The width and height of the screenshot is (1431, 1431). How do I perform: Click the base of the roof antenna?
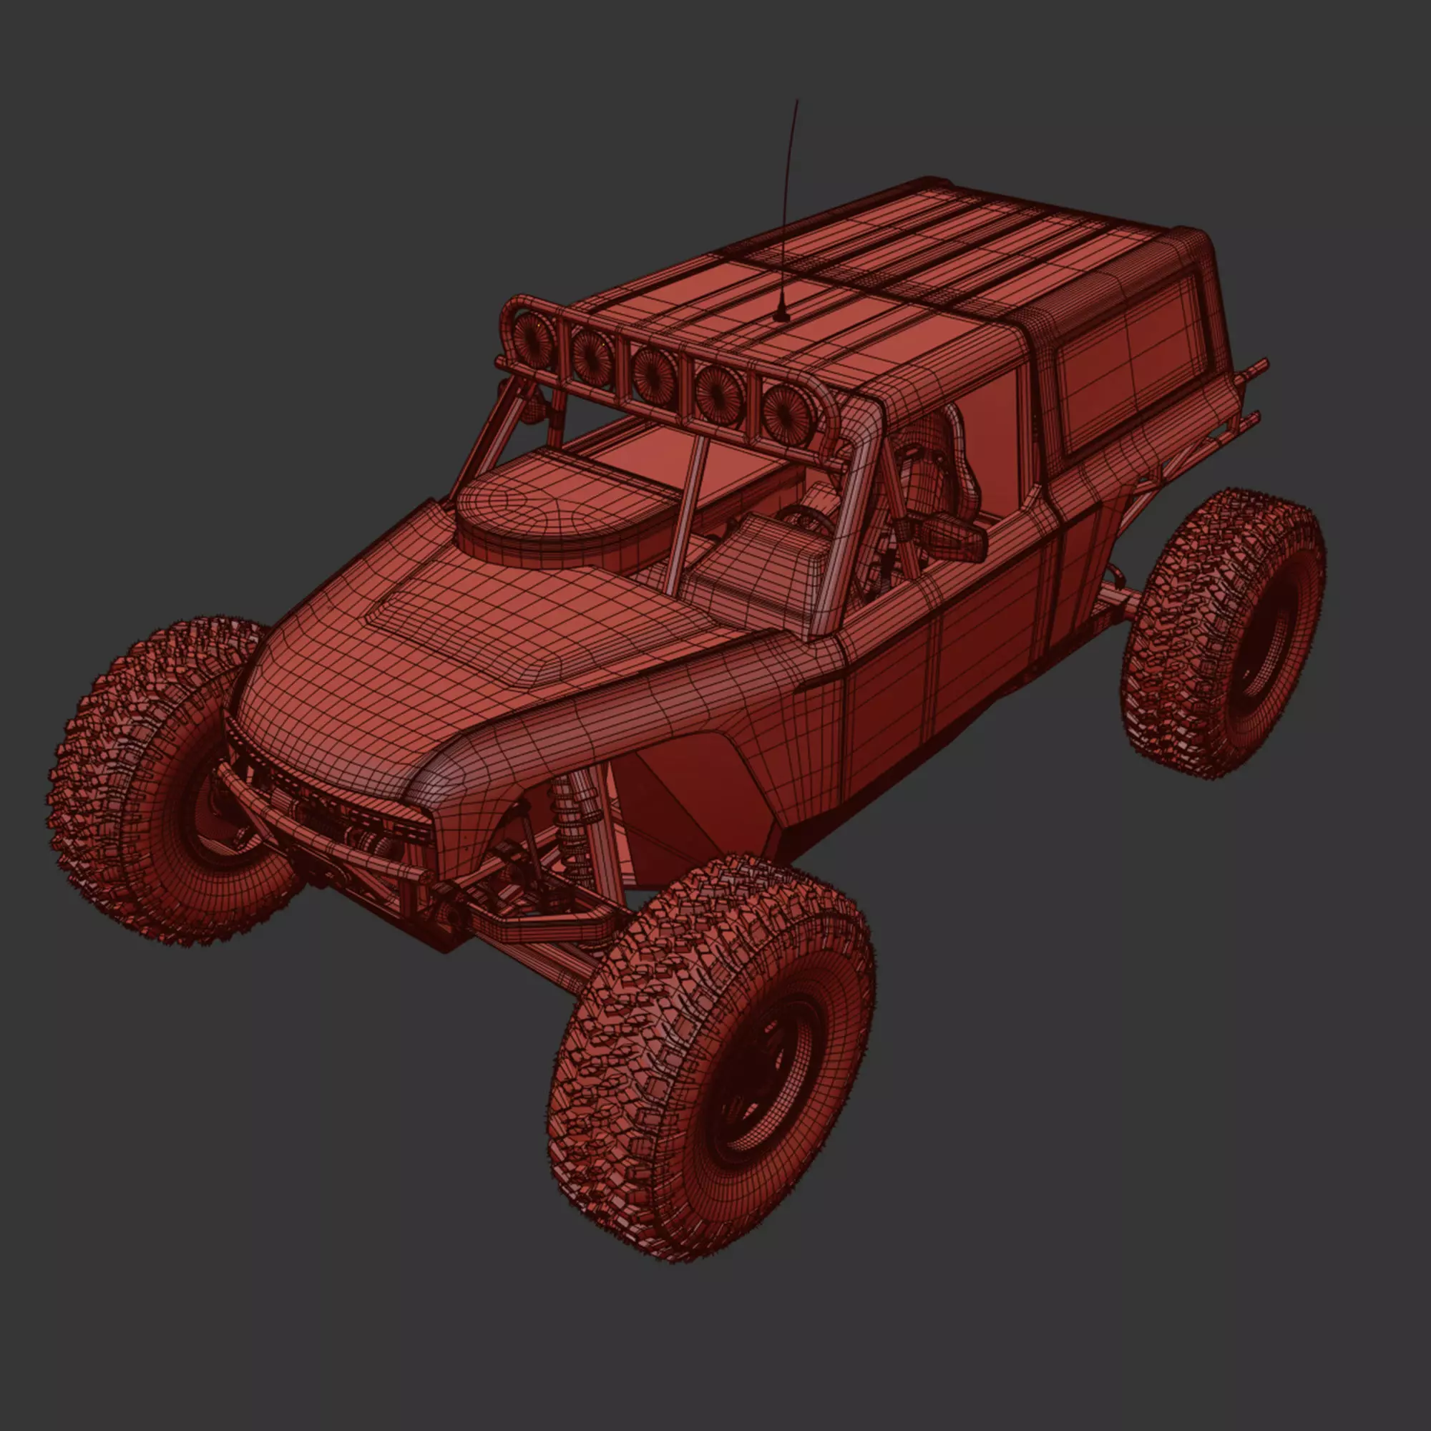pos(780,317)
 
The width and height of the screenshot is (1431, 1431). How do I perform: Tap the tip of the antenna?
pos(797,100)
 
